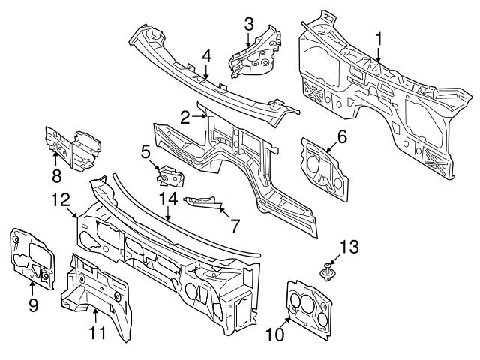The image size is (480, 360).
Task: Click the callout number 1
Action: [379, 37]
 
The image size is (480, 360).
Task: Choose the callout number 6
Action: [342, 136]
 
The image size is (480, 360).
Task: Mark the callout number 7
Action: [234, 223]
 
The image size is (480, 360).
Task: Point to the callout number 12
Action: [60, 199]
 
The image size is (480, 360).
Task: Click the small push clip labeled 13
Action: [328, 271]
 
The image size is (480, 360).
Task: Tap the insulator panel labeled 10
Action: [309, 307]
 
